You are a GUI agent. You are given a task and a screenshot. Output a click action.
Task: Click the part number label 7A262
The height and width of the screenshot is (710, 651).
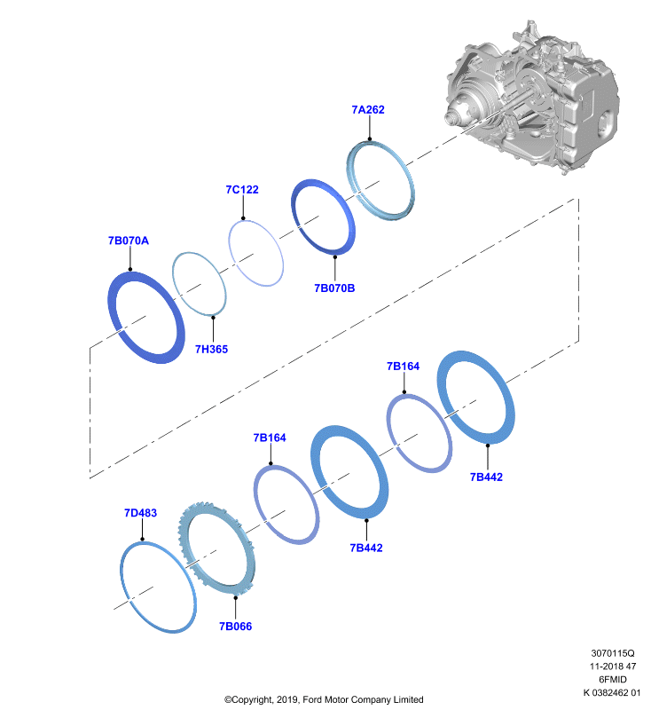click(x=368, y=109)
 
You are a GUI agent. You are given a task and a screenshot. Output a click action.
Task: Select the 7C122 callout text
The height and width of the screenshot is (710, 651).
click(x=242, y=189)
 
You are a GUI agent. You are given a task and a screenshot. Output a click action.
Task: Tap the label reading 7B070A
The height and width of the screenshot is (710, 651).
click(x=129, y=241)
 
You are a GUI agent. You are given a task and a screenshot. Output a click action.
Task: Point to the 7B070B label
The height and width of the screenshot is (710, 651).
click(x=334, y=288)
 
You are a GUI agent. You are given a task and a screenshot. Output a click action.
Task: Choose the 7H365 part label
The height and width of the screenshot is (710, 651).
click(x=211, y=349)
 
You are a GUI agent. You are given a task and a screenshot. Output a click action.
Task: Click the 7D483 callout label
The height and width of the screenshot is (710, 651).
click(x=140, y=513)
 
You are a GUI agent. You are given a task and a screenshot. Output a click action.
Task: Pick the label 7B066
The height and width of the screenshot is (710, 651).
click(x=235, y=627)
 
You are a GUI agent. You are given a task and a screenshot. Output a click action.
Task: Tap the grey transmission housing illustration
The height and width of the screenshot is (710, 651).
click(x=531, y=98)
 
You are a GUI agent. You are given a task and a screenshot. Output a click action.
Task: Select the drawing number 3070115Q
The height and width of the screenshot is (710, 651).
click(x=613, y=653)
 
